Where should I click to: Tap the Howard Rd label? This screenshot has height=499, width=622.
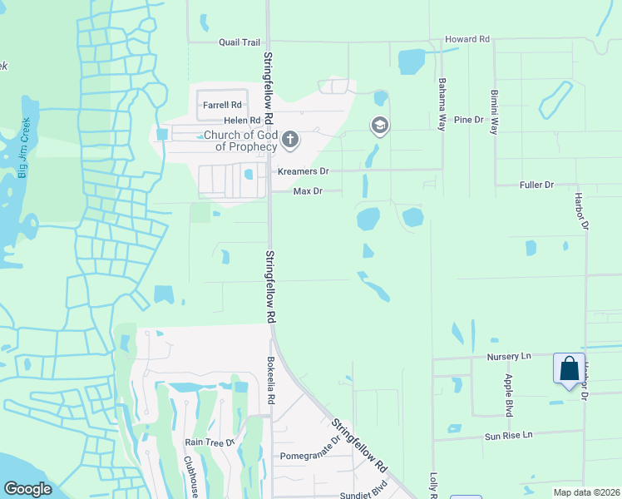click(x=467, y=39)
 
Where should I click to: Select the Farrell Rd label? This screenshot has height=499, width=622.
click(x=222, y=106)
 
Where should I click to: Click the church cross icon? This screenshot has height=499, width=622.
click(x=289, y=139)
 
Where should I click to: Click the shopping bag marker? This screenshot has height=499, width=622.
click(x=569, y=368)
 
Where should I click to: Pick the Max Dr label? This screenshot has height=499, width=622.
click(x=308, y=191)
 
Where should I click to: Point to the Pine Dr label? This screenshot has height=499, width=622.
click(x=468, y=120)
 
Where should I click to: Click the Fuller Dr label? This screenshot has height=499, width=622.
click(x=536, y=185)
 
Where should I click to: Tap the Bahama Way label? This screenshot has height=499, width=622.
click(x=442, y=99)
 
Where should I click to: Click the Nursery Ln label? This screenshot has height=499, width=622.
click(x=508, y=357)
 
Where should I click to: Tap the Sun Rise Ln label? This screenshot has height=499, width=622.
click(x=508, y=436)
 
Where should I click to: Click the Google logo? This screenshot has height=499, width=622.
click(x=27, y=489)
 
